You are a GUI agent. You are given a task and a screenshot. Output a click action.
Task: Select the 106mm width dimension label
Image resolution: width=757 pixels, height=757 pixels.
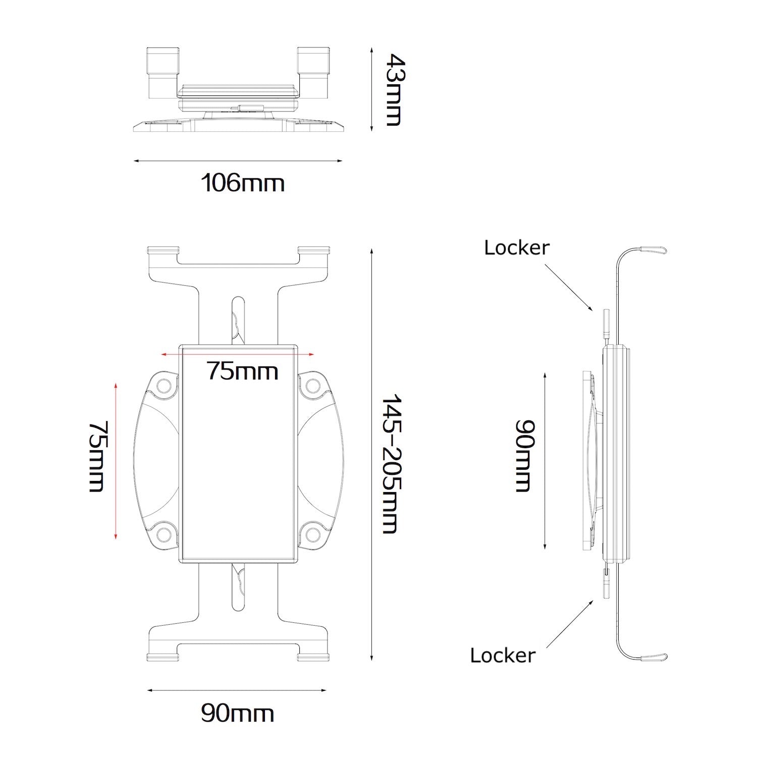pos(243,183)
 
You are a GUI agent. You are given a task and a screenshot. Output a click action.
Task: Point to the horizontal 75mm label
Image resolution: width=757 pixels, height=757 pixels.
pos(242,371)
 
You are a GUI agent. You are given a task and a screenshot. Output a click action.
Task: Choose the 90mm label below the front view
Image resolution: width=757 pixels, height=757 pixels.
pos(237,713)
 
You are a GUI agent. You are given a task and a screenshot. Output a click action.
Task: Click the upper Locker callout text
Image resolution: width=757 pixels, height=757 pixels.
pos(516,247)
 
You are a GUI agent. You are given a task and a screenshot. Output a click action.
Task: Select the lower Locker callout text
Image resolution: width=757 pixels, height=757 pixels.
pos(503,655)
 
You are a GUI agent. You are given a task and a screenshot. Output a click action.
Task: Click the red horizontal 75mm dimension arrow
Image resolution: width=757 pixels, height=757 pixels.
pos(237,354)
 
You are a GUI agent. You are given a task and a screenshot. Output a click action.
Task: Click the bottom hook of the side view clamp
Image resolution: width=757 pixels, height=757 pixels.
pos(654,657)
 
